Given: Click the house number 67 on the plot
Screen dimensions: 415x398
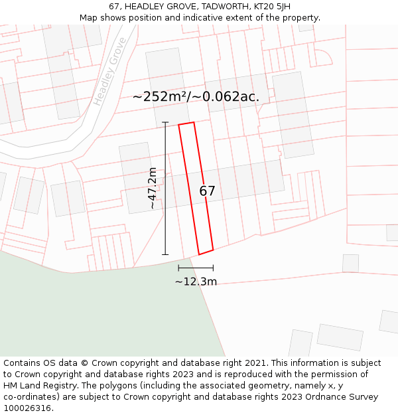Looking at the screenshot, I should (207, 191).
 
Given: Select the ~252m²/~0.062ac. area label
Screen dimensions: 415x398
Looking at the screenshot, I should (196, 97).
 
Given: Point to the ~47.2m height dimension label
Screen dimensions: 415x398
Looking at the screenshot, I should (153, 189).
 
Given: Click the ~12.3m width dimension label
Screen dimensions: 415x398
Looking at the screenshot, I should (196, 282).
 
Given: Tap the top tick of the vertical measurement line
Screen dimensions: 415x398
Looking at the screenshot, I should (165, 122).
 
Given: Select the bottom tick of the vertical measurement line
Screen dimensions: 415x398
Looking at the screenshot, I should (165, 254).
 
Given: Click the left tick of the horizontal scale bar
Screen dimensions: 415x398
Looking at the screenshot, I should (178, 268).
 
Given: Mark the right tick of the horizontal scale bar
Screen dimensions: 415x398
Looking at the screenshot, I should (213, 268).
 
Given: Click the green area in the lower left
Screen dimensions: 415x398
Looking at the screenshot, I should (99, 312).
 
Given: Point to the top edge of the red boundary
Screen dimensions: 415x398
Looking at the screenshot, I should (186, 124).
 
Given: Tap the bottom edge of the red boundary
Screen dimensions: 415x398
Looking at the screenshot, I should (206, 252).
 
